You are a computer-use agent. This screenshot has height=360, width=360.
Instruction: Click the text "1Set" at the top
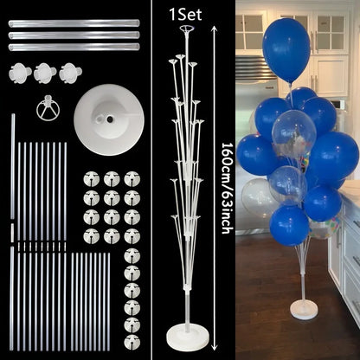[x=185, y=15]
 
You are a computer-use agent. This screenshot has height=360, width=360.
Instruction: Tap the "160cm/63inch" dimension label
[x=227, y=188]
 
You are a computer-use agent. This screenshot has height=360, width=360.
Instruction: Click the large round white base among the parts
[x=109, y=119]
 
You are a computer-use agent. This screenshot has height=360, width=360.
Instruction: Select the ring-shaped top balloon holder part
[x=48, y=107]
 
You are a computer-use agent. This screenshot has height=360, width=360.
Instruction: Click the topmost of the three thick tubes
[x=74, y=23]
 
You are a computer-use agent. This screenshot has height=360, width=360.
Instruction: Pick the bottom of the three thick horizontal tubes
[x=74, y=47]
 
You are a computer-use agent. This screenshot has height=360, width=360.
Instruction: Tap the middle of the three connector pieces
[x=45, y=74]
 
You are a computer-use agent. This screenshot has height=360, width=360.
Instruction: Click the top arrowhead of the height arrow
[x=214, y=29]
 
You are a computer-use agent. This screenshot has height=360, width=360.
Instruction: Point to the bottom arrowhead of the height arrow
[x=214, y=346]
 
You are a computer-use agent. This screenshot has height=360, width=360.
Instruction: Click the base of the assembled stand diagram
[x=187, y=336]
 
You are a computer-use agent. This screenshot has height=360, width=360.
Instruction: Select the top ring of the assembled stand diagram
[x=187, y=29]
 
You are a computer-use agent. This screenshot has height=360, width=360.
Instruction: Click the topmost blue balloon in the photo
[x=286, y=49]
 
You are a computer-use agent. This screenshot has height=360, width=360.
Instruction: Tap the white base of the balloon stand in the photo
[x=304, y=310]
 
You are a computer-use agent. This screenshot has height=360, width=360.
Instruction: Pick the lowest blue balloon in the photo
[x=289, y=226]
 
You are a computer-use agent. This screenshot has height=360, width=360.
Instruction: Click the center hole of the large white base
[x=110, y=119]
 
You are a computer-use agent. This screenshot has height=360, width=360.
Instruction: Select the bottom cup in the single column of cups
[x=132, y=342]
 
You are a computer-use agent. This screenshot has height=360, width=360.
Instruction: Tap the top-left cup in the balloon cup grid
[x=92, y=179]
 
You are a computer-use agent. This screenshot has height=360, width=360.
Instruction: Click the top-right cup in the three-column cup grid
[x=132, y=179]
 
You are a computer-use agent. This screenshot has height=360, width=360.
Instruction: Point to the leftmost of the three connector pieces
[x=20, y=74]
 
